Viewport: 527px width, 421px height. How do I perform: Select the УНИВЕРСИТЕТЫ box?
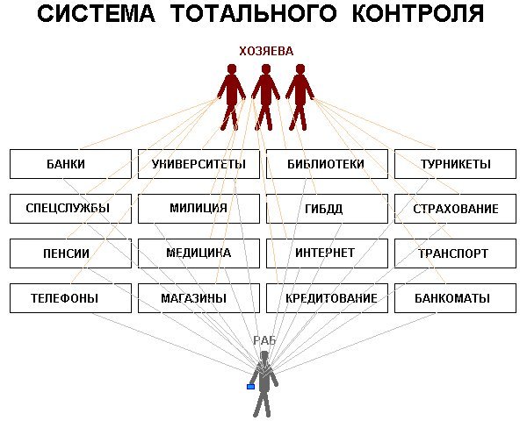pyautogui.click(x=199, y=164)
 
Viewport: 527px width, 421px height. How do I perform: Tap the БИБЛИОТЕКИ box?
pyautogui.click(x=326, y=164)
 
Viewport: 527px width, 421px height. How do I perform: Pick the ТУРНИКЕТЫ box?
pyautogui.click(x=455, y=164)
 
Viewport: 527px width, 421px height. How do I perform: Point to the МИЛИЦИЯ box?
pyautogui.click(x=199, y=209)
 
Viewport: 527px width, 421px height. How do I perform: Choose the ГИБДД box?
pyautogui.click(x=326, y=209)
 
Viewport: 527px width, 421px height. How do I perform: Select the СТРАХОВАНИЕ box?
pyautogui.click(x=455, y=209)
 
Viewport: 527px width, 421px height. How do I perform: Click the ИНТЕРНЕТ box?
pyautogui.click(x=326, y=253)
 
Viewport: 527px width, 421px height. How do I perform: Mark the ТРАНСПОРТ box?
pyautogui.click(x=455, y=253)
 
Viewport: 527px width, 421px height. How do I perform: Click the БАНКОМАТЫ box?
pyautogui.click(x=455, y=298)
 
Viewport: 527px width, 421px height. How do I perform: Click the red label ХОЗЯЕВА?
pyautogui.click(x=266, y=52)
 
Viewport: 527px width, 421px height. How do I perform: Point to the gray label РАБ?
pyautogui.click(x=264, y=340)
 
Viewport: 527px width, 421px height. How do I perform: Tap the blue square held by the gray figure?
pyautogui.click(x=250, y=386)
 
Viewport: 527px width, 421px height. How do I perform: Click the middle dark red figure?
pyautogui.click(x=265, y=95)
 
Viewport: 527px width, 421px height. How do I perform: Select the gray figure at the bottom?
pyautogui.click(x=263, y=382)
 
